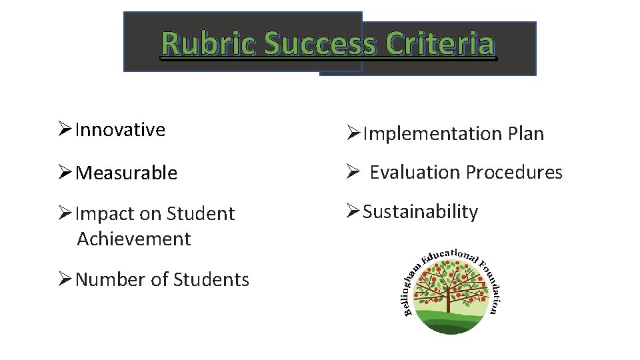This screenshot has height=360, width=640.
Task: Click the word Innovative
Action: coord(120,129)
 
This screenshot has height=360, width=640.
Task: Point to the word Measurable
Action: coord(127,173)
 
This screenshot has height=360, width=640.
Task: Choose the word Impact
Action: coord(103,214)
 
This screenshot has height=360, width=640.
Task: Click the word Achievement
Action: coord(134,239)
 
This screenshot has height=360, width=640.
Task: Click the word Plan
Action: coord(526,134)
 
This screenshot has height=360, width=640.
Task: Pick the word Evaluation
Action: coord(415,173)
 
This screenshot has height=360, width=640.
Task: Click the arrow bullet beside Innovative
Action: coord(65,130)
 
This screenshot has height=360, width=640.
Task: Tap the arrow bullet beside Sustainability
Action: coord(353,212)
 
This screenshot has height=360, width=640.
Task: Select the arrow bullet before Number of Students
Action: coord(65,279)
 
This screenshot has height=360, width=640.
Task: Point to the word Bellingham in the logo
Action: coord(411,287)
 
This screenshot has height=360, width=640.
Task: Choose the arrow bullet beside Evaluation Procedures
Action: coord(353,173)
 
